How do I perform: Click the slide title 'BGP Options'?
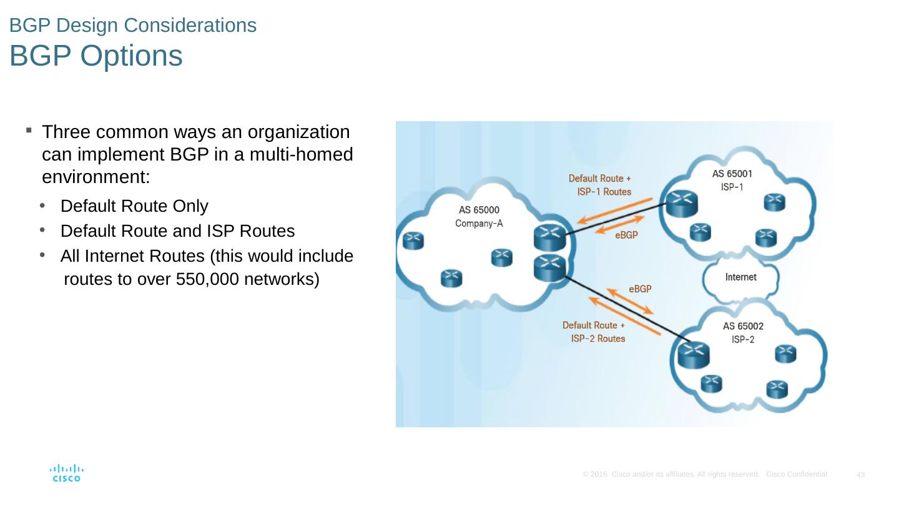point(96,56)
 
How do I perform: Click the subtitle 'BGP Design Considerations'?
point(133,24)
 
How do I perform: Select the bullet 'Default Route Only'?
point(134,206)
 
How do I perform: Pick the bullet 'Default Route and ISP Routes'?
point(177,231)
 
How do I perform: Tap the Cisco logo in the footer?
point(66,473)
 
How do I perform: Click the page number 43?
point(860,475)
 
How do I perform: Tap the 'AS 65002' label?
point(743,325)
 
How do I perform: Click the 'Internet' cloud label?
point(740,277)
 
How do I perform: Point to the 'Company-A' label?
point(479,223)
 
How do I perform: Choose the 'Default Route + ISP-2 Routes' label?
point(594,332)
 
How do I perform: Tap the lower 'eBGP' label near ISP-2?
point(640,289)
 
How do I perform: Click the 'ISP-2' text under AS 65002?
point(743,339)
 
